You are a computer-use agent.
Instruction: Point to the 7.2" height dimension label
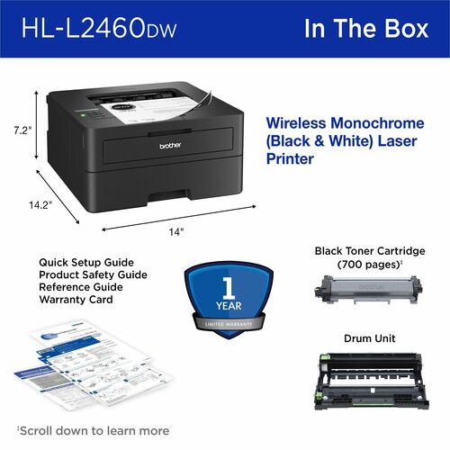22,131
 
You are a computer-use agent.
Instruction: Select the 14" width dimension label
176,231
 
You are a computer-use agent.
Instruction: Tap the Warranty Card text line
76,299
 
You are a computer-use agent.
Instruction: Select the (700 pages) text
367,265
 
